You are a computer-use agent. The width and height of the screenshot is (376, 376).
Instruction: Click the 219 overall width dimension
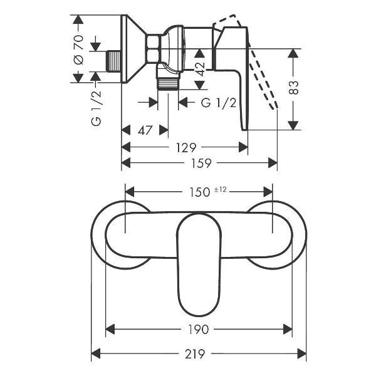[x=195, y=353]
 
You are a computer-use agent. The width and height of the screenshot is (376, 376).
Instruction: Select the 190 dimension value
[x=198, y=329]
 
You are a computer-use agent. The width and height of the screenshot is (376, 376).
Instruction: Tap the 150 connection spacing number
[x=199, y=192]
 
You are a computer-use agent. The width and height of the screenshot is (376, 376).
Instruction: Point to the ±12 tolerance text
[x=220, y=190]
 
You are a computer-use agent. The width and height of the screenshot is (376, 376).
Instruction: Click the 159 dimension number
[x=201, y=163]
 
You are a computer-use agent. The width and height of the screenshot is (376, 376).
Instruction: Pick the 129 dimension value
[x=186, y=147]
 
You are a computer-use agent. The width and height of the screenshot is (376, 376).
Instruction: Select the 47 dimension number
[x=145, y=130]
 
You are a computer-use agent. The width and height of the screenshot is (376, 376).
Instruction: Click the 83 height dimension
[x=293, y=88]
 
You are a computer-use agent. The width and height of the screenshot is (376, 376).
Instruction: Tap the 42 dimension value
[x=199, y=69]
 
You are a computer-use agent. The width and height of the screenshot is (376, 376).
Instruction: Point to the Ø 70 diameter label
[x=78, y=50]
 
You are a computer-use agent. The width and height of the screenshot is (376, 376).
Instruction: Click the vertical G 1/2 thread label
[x=97, y=108]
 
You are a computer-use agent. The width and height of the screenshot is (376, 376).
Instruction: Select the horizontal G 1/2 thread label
[x=219, y=103]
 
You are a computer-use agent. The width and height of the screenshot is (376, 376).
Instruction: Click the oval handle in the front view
[x=199, y=264]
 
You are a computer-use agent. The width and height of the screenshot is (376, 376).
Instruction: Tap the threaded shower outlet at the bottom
[x=168, y=84]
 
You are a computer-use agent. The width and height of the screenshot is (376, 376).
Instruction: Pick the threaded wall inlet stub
[x=113, y=61]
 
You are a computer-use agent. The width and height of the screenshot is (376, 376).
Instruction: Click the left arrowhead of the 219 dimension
[x=95, y=353]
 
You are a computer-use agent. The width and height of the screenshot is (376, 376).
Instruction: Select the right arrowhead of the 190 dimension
[x=288, y=329]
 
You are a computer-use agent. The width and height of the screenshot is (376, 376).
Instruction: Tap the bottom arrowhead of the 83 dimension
[x=293, y=126]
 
